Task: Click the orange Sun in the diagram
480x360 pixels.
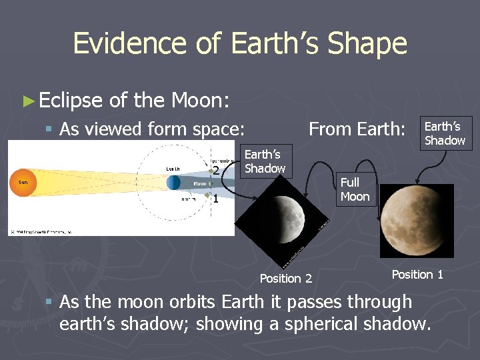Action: pyautogui.click(x=22, y=182)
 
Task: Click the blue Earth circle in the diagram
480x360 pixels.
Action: pyautogui.click(x=173, y=182)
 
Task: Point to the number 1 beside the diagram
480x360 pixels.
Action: pyautogui.click(x=215, y=198)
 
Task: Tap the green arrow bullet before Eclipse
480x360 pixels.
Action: pyautogui.click(x=27, y=101)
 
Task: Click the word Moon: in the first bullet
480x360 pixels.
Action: pyautogui.click(x=200, y=101)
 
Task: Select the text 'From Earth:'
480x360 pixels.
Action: pyautogui.click(x=357, y=129)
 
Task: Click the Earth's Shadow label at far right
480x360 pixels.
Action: pyautogui.click(x=445, y=133)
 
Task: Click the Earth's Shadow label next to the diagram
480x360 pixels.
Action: pyautogui.click(x=265, y=161)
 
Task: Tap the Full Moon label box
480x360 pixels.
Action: pyautogui.click(x=354, y=189)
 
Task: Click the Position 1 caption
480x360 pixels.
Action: pyautogui.click(x=417, y=275)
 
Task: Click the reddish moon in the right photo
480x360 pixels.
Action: pyautogui.click(x=417, y=220)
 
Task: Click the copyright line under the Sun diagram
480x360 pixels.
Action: pyautogui.click(x=40, y=231)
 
